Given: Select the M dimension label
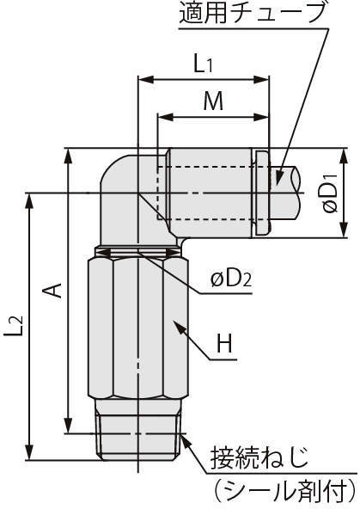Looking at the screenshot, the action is click(x=213, y=101).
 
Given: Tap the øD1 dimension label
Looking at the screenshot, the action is click(x=331, y=193).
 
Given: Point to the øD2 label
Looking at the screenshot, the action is click(x=231, y=279).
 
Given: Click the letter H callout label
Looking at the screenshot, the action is click(x=224, y=343).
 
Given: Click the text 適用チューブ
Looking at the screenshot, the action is click(x=252, y=13).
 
